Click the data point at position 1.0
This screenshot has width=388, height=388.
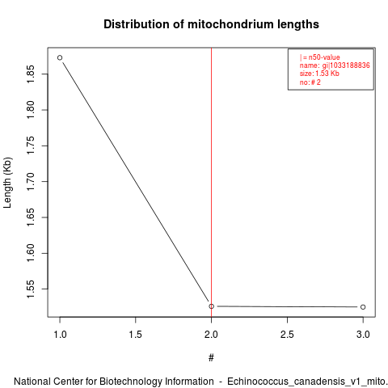point(60,57)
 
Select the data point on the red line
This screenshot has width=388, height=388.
point(211,306)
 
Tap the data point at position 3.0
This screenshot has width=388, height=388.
point(363,307)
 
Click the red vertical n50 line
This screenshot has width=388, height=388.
point(211,182)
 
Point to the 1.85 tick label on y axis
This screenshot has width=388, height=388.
point(31,74)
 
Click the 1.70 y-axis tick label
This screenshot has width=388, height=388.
point(31,181)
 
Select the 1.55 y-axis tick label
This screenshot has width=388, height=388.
point(31,289)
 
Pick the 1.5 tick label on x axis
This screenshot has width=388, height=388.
point(135,335)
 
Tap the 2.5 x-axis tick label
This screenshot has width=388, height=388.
point(287,335)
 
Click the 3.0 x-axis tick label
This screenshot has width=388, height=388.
point(363,335)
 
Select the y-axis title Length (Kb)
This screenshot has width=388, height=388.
point(7,183)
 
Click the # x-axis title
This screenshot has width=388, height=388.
point(211,358)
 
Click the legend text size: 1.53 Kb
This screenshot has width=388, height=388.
point(319,74)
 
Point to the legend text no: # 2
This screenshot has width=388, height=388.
point(310,82)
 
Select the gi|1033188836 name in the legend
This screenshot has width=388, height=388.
point(346,65)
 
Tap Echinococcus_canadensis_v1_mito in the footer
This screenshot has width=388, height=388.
point(306,382)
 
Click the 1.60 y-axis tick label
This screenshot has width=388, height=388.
point(31,253)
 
